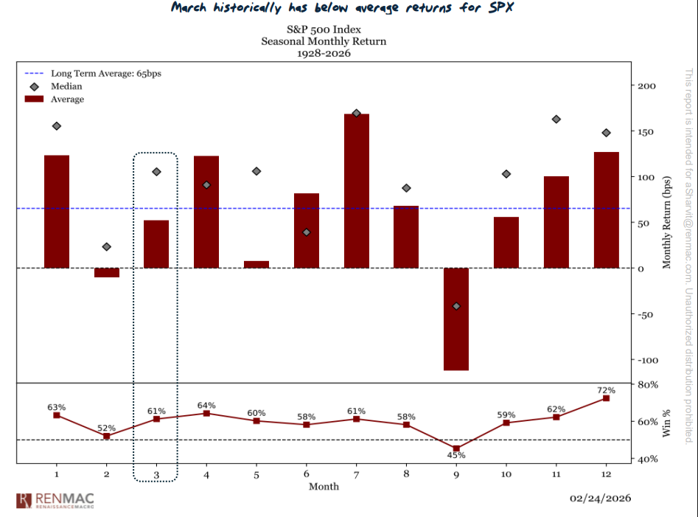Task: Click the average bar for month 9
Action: tap(456, 319)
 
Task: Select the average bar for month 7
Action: tap(356, 191)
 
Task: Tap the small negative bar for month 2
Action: tap(106, 273)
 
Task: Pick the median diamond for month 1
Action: tap(56, 126)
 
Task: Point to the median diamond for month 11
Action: tap(556, 119)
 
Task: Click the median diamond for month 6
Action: tap(306, 232)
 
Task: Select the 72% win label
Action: tap(606, 389)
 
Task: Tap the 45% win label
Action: tap(456, 455)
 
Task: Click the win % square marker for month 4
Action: tap(206, 413)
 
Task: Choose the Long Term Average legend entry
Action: tap(91, 74)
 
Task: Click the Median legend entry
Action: tap(66, 86)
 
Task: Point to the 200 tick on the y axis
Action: tap(646, 86)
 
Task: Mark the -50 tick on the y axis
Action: tap(646, 315)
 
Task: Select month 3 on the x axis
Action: tap(156, 473)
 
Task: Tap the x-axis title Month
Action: tap(324, 486)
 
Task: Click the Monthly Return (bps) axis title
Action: tap(667, 222)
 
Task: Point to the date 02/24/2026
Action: tap(600, 499)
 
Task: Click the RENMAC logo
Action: tap(55, 500)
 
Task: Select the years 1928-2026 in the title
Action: tap(324, 54)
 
